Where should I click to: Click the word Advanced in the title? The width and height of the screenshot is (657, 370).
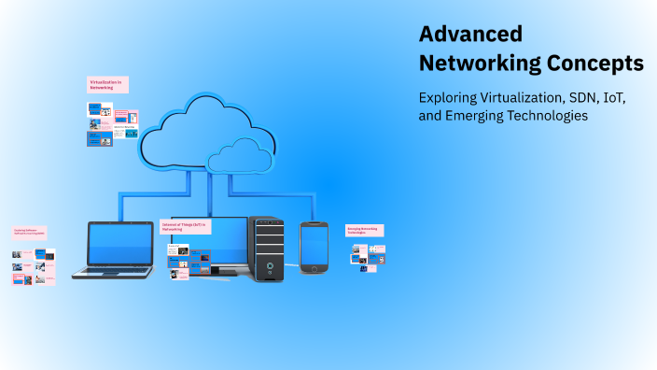pyautogui.click(x=470, y=34)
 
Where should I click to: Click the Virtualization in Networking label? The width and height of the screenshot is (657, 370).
pyautogui.click(x=107, y=84)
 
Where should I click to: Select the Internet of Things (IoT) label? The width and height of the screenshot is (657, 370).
pyautogui.click(x=186, y=226)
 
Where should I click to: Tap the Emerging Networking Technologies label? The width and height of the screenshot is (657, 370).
pyautogui.click(x=365, y=230)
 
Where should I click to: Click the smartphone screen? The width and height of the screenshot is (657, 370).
pyautogui.click(x=315, y=245)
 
